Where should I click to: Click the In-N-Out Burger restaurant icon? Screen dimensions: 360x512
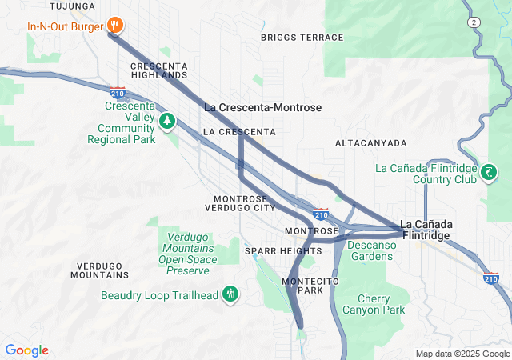pos(116,26)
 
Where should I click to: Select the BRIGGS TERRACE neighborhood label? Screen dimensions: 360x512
pos(302,38)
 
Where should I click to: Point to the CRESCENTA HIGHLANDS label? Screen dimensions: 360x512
pos(158,70)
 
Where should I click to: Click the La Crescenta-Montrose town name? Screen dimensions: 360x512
pos(262,107)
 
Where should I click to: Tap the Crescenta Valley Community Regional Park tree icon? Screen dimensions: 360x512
pos(167,122)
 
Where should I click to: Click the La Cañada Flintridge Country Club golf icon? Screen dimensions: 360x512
pos(487,172)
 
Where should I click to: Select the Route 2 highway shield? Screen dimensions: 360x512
pos(475,22)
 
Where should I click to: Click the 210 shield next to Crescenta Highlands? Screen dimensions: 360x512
pos(118,94)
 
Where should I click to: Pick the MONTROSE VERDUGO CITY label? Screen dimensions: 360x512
pos(245,203)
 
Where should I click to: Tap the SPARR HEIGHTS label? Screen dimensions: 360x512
pos(282,251)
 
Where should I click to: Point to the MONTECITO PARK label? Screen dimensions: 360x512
pos(311,286)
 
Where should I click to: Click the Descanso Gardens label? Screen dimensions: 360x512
pos(372,250)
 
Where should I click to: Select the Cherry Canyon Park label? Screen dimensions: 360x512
pos(374,304)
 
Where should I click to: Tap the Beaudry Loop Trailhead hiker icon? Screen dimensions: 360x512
pos(230,294)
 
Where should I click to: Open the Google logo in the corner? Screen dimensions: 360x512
pos(27,350)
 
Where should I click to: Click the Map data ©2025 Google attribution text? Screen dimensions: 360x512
pos(462,354)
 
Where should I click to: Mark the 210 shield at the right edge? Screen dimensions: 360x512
pos(491,278)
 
